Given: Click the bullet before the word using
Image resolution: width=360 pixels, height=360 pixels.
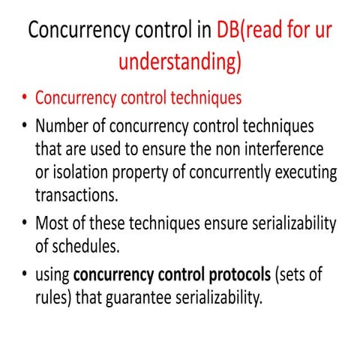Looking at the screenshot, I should [25, 275].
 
